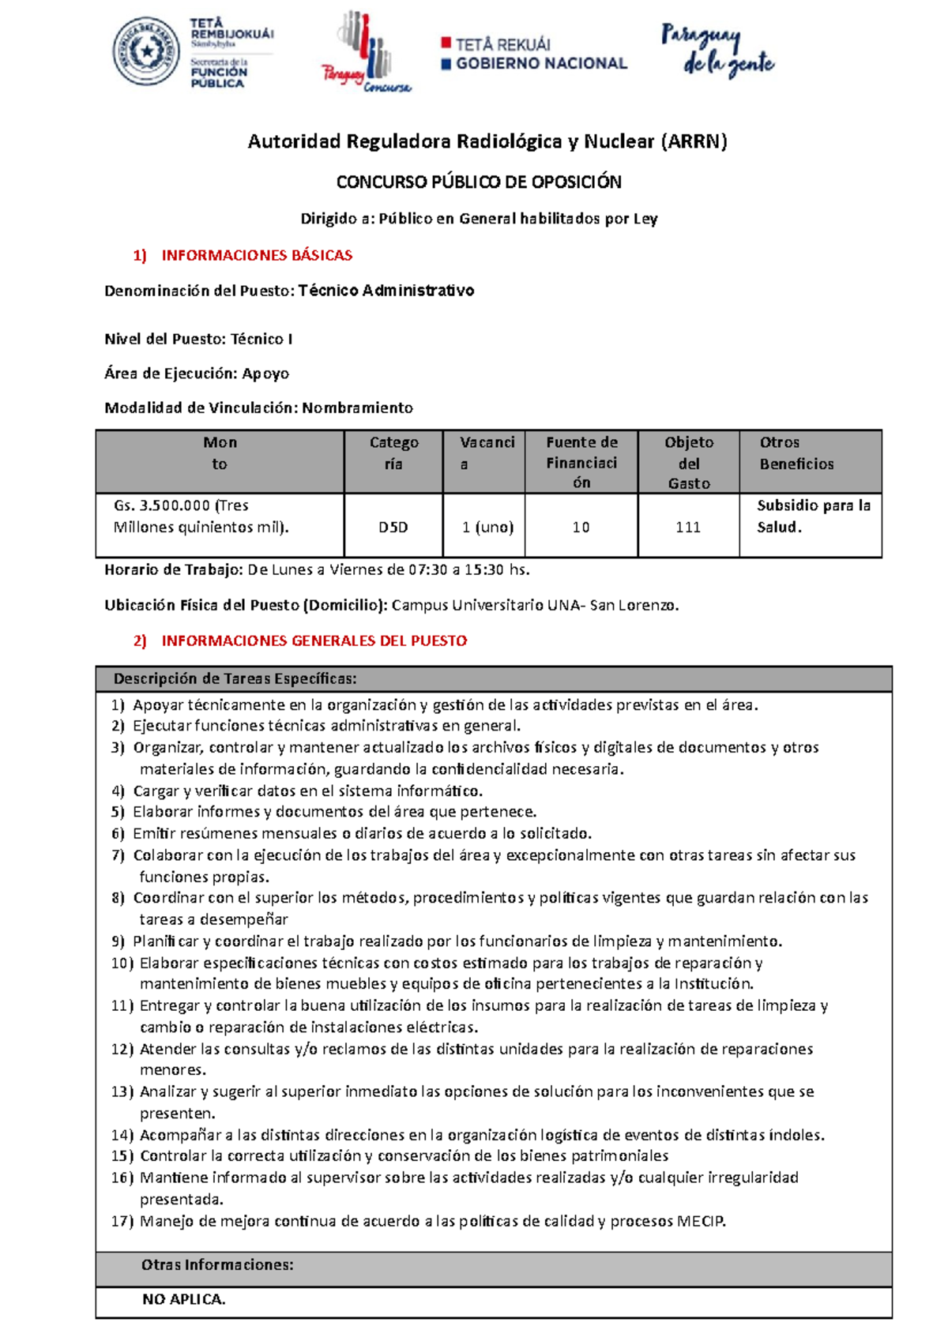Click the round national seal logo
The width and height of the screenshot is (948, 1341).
146,53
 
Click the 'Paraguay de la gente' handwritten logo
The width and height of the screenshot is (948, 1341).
717,51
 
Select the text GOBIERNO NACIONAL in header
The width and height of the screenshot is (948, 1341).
541,64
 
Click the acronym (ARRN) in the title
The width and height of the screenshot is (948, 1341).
694,141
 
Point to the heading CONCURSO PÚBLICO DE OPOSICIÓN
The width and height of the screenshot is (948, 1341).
479,182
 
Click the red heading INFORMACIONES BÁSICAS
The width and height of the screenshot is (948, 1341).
257,255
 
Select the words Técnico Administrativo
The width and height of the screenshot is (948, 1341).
386,291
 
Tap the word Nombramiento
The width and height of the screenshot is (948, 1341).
357,408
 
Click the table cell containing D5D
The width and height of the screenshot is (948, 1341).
393,527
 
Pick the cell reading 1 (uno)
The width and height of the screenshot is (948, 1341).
487,527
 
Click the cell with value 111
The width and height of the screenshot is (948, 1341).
688,527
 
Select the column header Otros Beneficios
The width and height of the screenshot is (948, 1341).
796,453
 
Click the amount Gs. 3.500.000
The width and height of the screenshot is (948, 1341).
161,505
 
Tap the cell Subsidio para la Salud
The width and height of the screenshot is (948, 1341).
813,516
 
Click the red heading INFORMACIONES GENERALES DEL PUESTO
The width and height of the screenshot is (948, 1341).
314,640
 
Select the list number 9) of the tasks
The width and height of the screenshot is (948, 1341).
118,941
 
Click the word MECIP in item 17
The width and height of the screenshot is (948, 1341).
700,1221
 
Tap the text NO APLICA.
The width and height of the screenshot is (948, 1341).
183,1299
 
